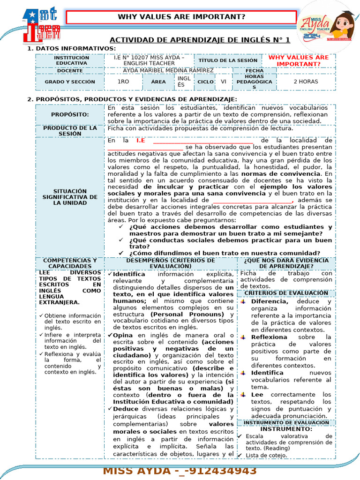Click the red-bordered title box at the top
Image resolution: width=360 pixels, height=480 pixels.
(x=181, y=17)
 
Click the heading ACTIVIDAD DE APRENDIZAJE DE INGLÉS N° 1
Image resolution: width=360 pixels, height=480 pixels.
(x=200, y=40)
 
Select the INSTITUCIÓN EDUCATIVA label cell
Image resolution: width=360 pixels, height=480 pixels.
(x=71, y=60)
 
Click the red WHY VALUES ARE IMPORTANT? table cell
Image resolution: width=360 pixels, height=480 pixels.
(x=298, y=60)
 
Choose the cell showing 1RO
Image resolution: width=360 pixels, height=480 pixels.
(x=123, y=82)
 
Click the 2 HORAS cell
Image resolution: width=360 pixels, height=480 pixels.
(x=305, y=82)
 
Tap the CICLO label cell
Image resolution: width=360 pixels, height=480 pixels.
(x=205, y=82)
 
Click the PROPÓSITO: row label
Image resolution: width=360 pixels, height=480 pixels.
(x=70, y=114)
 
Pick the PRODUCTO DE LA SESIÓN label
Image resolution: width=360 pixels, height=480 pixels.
(x=70, y=131)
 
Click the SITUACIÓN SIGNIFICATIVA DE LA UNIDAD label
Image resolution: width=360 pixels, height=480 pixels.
(x=70, y=197)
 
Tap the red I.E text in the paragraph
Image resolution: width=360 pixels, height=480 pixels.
(x=141, y=140)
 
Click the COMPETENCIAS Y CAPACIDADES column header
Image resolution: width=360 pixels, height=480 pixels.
(x=70, y=263)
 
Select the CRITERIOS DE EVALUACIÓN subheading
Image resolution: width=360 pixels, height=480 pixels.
(x=286, y=293)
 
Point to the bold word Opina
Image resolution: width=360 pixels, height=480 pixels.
(x=123, y=335)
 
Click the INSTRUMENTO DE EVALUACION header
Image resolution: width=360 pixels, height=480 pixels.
(x=286, y=423)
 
